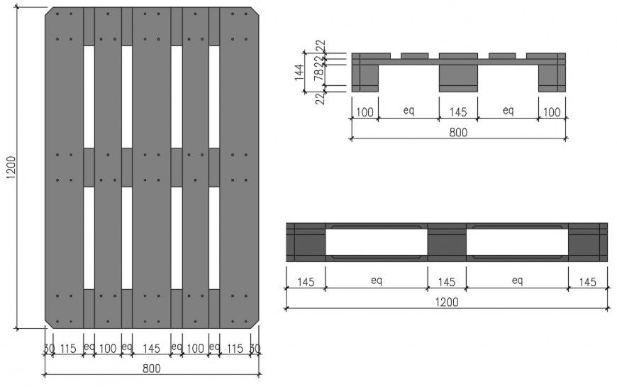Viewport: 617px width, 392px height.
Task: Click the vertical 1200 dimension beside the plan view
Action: point(11,169)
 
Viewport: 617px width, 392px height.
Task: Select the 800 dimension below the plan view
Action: point(151,368)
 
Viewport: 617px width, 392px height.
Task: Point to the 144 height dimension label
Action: point(299,72)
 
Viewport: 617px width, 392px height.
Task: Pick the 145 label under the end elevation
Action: point(457,111)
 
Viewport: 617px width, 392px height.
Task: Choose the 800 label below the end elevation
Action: point(457,131)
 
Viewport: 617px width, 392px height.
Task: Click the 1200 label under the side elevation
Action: point(446,302)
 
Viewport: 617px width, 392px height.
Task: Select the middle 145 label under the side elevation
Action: point(446,282)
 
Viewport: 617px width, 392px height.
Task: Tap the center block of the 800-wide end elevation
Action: point(457,76)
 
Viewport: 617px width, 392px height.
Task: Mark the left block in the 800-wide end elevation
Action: point(365,76)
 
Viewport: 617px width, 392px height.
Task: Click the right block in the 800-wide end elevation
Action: point(552,76)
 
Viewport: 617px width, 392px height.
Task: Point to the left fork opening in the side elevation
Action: point(376,242)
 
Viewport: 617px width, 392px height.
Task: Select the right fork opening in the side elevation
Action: point(516,242)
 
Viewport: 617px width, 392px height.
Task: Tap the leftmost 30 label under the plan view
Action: point(49,349)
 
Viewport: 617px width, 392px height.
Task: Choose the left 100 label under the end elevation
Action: point(365,111)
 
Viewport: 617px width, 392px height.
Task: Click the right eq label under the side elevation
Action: point(516,282)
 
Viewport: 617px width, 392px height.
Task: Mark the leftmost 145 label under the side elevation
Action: point(306,282)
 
